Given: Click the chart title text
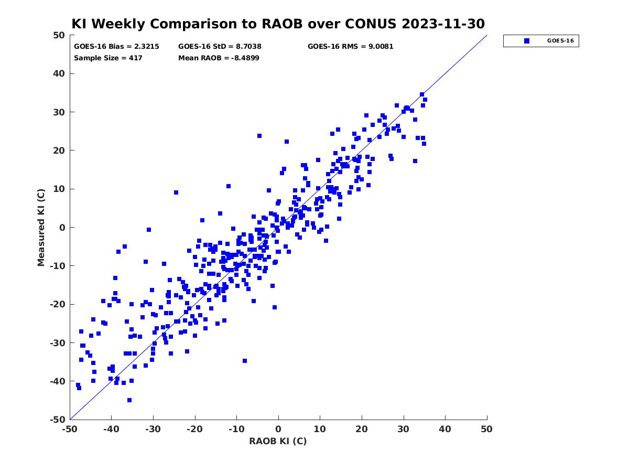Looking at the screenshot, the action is click(x=278, y=24).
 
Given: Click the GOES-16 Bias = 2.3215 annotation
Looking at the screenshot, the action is click(x=116, y=47).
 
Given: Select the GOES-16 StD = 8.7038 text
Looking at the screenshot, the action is click(x=220, y=47).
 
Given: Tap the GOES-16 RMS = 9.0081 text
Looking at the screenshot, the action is click(x=350, y=47).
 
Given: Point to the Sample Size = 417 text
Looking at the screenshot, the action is click(x=108, y=58).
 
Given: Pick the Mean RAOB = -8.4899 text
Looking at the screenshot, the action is click(x=219, y=58).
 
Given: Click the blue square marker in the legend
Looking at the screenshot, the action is click(x=526, y=41).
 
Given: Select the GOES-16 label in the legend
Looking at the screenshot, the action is click(x=560, y=41).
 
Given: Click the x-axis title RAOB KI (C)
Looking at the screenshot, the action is click(x=278, y=441).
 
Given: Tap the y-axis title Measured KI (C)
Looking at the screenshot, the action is click(x=41, y=227).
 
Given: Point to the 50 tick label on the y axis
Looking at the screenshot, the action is click(x=59, y=35).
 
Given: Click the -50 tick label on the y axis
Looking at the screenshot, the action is click(x=58, y=420).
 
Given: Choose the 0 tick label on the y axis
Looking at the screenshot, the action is click(x=62, y=227).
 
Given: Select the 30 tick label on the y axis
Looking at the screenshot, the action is click(x=59, y=112).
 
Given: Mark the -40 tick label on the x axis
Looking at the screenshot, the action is click(x=111, y=429).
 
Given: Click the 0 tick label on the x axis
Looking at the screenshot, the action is click(x=278, y=429).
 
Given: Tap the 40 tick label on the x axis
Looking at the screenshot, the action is click(x=445, y=429).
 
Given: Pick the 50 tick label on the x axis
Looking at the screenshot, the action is click(x=487, y=429).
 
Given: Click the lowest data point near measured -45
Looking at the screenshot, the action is click(x=129, y=400).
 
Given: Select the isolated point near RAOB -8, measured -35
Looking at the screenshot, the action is click(x=245, y=361).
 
